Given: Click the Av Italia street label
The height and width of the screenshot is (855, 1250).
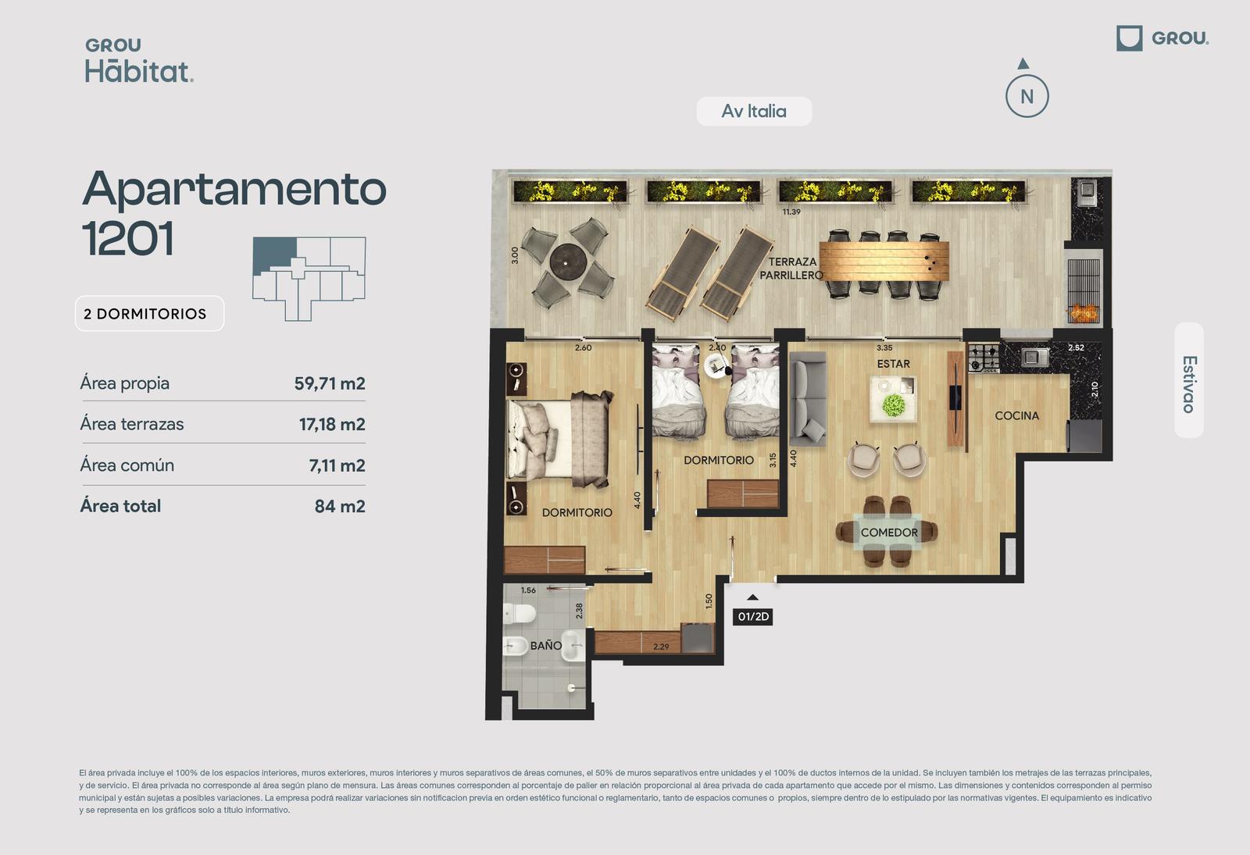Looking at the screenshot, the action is (754, 111).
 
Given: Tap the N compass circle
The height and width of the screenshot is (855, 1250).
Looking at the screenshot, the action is (1027, 96).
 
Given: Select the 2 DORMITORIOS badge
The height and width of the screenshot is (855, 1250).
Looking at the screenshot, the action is (149, 313).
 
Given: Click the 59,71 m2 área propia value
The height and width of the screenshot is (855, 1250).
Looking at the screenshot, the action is (330, 383).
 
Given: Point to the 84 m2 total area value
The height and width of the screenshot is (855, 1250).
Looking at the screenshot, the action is (340, 506).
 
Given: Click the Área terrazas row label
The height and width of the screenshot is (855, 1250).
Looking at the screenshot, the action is (132, 424).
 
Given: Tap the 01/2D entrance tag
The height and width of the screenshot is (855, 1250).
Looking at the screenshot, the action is (753, 616).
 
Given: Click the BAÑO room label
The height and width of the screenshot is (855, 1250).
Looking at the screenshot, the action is (546, 645).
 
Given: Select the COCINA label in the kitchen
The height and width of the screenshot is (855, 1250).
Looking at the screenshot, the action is (1016, 415).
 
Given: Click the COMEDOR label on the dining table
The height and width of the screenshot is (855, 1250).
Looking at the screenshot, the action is (889, 532).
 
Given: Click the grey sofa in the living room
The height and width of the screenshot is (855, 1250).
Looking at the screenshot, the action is (808, 399).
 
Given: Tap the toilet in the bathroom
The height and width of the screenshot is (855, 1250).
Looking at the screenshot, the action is (519, 614).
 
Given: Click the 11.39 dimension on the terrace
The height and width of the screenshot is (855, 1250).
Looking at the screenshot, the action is (791, 212).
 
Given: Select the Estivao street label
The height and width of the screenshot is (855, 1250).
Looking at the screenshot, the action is (1188, 384).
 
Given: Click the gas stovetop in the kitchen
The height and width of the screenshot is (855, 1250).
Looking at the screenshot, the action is (984, 358).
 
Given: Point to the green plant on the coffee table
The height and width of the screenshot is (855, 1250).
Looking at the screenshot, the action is (894, 405).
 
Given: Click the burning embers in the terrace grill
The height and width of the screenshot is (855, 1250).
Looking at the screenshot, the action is (1083, 313).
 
